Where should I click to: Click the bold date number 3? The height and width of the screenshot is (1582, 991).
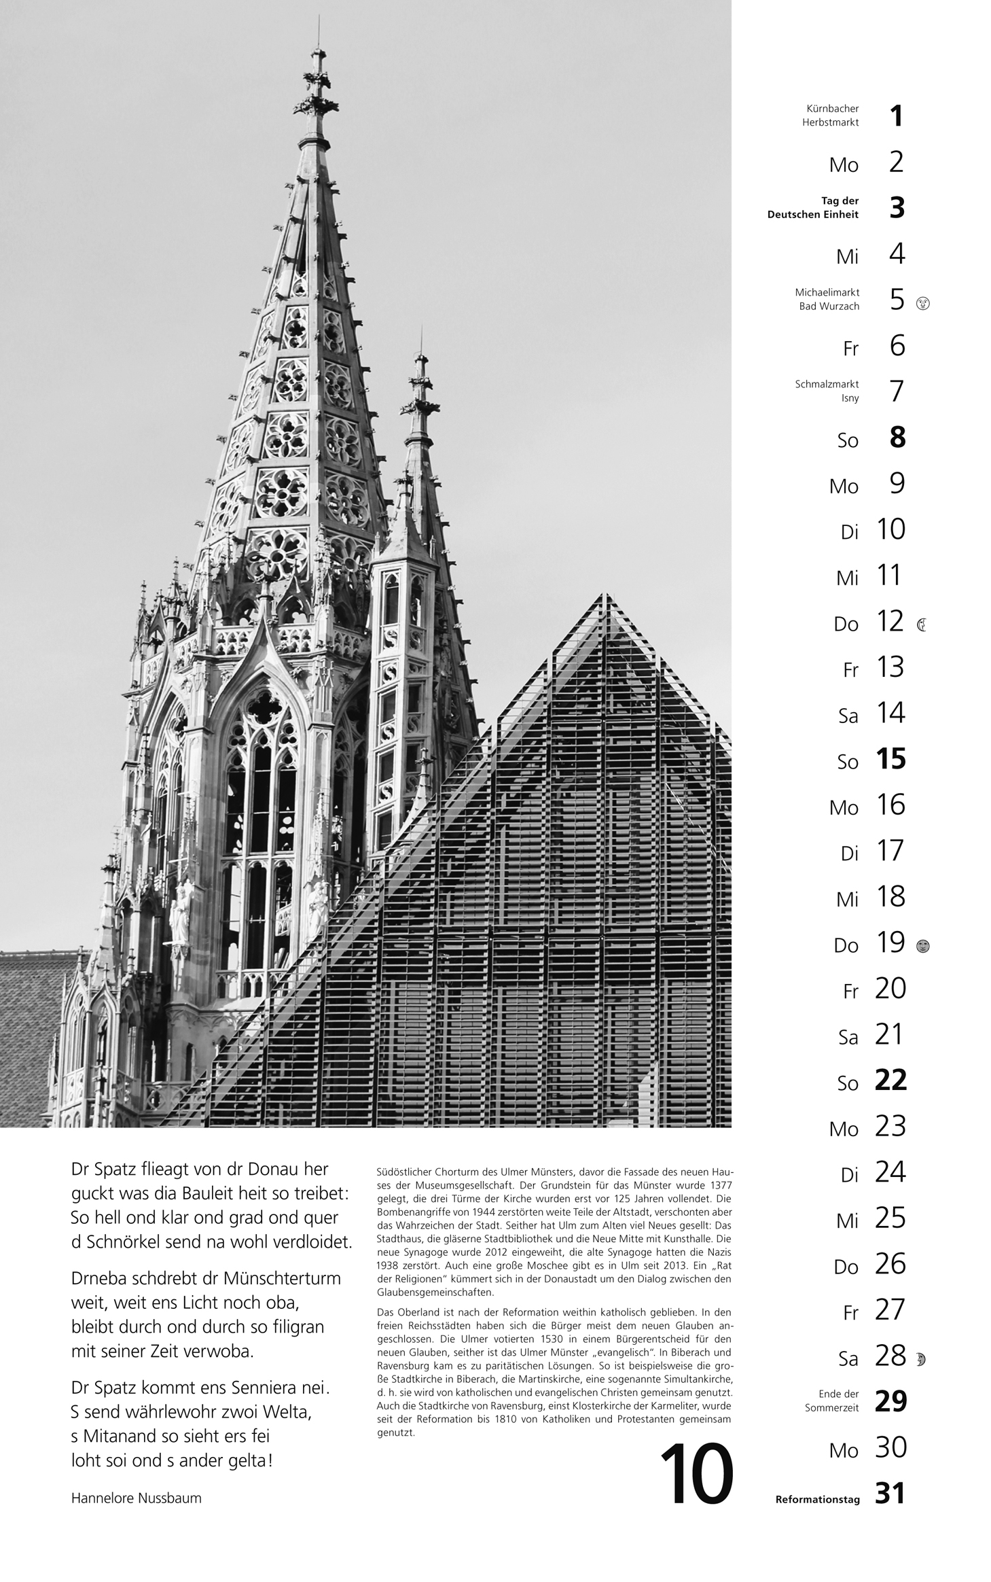pyautogui.click(x=897, y=207)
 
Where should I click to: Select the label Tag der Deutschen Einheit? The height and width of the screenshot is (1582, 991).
pyautogui.click(x=813, y=207)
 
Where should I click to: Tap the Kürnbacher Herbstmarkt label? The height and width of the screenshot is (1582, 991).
pyautogui.click(x=832, y=116)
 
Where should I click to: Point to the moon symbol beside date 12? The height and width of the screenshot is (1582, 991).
pyautogui.click(x=922, y=625)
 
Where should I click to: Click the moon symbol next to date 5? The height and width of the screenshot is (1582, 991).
pyautogui.click(x=922, y=303)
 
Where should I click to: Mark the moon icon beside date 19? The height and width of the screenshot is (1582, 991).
pyautogui.click(x=922, y=946)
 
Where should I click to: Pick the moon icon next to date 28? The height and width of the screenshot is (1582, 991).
pyautogui.click(x=921, y=1359)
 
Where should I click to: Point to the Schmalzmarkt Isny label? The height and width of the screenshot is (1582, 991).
pyautogui.click(x=827, y=391)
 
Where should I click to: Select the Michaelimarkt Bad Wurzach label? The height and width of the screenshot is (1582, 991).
pyautogui.click(x=827, y=299)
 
